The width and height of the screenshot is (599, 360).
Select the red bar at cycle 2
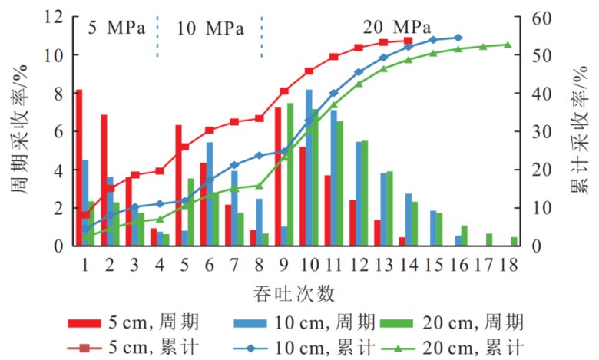coord(104,180)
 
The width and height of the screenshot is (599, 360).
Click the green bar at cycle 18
coord(515,241)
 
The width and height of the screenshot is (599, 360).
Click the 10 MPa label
coord(210,30)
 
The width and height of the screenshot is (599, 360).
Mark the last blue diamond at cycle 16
coord(458,37)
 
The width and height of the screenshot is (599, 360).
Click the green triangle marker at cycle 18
coord(508,45)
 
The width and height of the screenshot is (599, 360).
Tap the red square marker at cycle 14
coord(408,40)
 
